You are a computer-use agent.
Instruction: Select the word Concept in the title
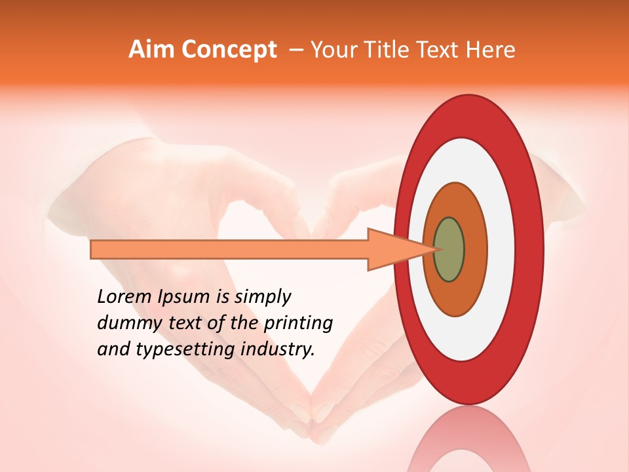[229, 50]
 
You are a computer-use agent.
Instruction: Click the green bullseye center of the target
[449, 249]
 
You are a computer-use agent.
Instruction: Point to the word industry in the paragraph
[278, 350]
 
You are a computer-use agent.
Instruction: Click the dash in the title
[295, 50]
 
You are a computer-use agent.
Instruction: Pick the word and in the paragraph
[113, 350]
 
